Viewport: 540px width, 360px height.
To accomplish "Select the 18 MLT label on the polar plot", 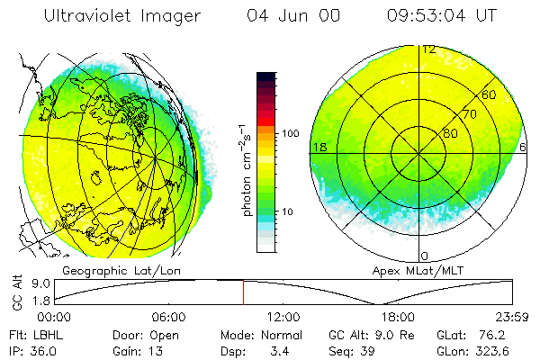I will pos(318,147).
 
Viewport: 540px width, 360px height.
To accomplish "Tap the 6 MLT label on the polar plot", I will pos(524,147).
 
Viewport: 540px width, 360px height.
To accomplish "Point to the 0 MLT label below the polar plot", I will pos(425,256).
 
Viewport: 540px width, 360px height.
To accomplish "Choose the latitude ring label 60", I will pos(489,94).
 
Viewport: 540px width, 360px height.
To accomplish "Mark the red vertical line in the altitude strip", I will pos(243,292).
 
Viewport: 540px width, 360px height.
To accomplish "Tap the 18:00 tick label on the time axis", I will pos(398,317).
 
